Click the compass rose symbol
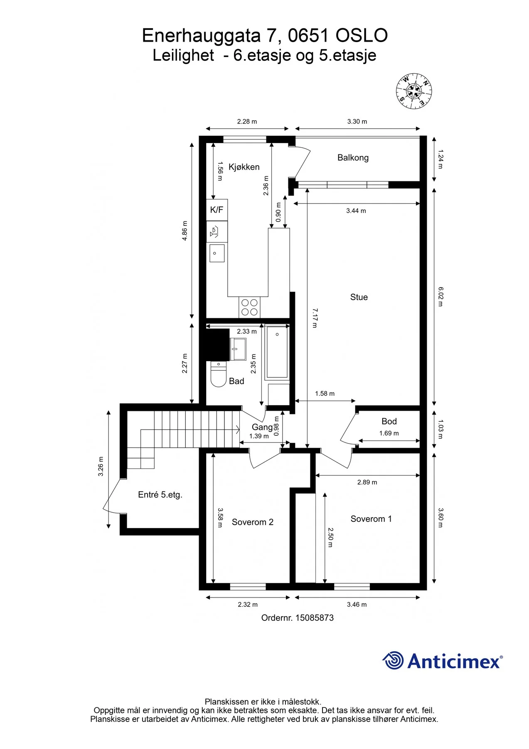(x=413, y=91)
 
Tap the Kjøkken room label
(x=244, y=167)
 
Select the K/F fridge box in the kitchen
(x=217, y=210)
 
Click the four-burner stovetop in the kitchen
(x=249, y=307)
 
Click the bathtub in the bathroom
(x=277, y=352)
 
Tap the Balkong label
(x=353, y=158)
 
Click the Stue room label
(x=359, y=297)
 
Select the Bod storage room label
(x=389, y=422)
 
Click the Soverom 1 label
(x=371, y=519)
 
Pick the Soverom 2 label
(x=253, y=522)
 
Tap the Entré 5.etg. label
(x=160, y=495)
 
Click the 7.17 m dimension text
(x=315, y=318)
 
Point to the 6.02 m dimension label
(x=441, y=296)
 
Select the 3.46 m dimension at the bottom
(x=357, y=605)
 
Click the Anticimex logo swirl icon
(x=393, y=660)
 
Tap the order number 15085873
(x=315, y=618)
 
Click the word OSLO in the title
(x=362, y=36)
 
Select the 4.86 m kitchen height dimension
(x=185, y=231)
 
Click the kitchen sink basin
(x=217, y=253)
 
